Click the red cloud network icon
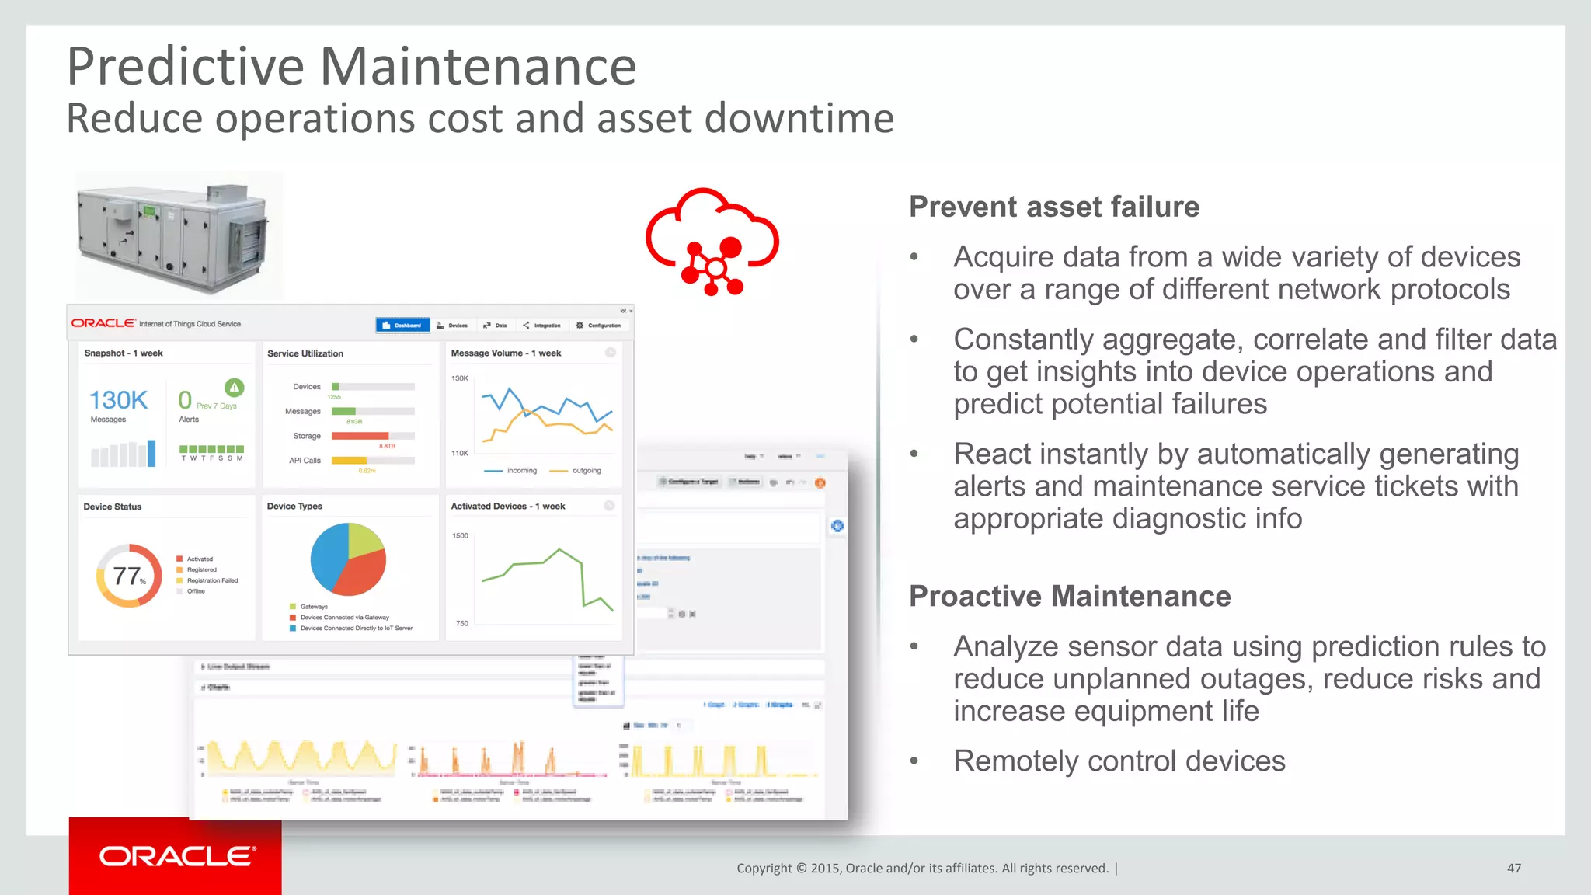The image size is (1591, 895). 712,242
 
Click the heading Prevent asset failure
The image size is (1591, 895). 1053,207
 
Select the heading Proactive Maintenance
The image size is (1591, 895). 1070,596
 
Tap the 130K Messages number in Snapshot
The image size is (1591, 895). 118,400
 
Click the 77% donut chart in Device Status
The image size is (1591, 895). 129,576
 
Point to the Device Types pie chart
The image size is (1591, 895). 348,559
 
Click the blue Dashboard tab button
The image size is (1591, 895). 402,326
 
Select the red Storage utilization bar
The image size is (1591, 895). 360,436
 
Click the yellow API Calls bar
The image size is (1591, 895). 349,461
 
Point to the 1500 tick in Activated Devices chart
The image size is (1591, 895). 460,535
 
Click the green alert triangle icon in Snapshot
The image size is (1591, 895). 234,387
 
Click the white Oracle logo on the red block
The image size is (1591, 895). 177,856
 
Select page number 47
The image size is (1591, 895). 1513,868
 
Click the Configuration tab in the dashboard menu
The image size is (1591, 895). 599,326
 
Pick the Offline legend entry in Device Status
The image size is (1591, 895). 196,591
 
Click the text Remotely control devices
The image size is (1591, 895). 1119,761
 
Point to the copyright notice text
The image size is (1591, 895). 922,868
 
